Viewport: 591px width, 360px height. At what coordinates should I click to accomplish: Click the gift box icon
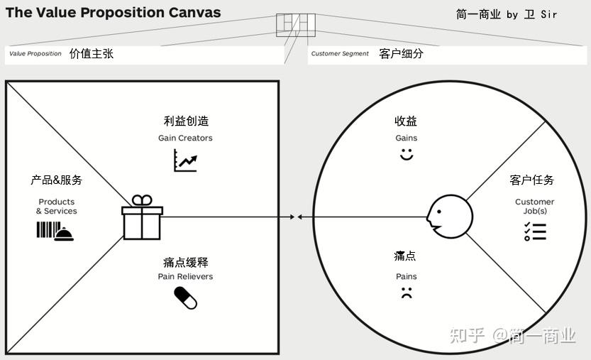pos(142,218)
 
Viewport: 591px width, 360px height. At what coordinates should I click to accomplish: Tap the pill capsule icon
pos(185,298)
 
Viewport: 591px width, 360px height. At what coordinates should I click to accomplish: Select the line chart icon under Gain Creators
pos(185,160)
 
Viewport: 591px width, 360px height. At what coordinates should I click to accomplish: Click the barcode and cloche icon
pos(55,231)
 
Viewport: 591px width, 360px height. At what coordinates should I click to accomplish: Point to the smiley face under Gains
pos(407,154)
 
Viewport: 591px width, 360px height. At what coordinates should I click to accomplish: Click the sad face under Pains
pos(407,292)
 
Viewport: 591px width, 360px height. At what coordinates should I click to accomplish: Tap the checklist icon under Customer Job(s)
pos(534,231)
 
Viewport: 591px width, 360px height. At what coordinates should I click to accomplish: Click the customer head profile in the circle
pos(448,216)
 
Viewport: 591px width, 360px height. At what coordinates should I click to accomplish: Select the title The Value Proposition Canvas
pos(114,12)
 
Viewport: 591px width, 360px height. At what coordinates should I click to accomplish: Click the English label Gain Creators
pos(185,138)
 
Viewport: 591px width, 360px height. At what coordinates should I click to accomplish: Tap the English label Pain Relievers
pos(185,276)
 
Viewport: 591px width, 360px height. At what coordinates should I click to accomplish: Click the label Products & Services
pos(57,207)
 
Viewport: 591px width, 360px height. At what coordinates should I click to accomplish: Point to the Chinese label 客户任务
pos(532,180)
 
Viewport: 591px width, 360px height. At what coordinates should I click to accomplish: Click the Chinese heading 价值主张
pos(92,53)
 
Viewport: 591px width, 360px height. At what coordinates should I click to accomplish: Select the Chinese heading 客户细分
pos(402,53)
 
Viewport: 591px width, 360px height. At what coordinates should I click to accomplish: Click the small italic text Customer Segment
pos(340,54)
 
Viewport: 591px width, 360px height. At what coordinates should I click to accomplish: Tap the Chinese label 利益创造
pos(186,121)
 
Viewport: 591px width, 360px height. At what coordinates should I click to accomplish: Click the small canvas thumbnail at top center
pos(295,25)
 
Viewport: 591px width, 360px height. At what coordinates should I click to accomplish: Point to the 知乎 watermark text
pos(468,335)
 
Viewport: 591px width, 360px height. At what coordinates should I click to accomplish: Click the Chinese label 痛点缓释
pos(185,262)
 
